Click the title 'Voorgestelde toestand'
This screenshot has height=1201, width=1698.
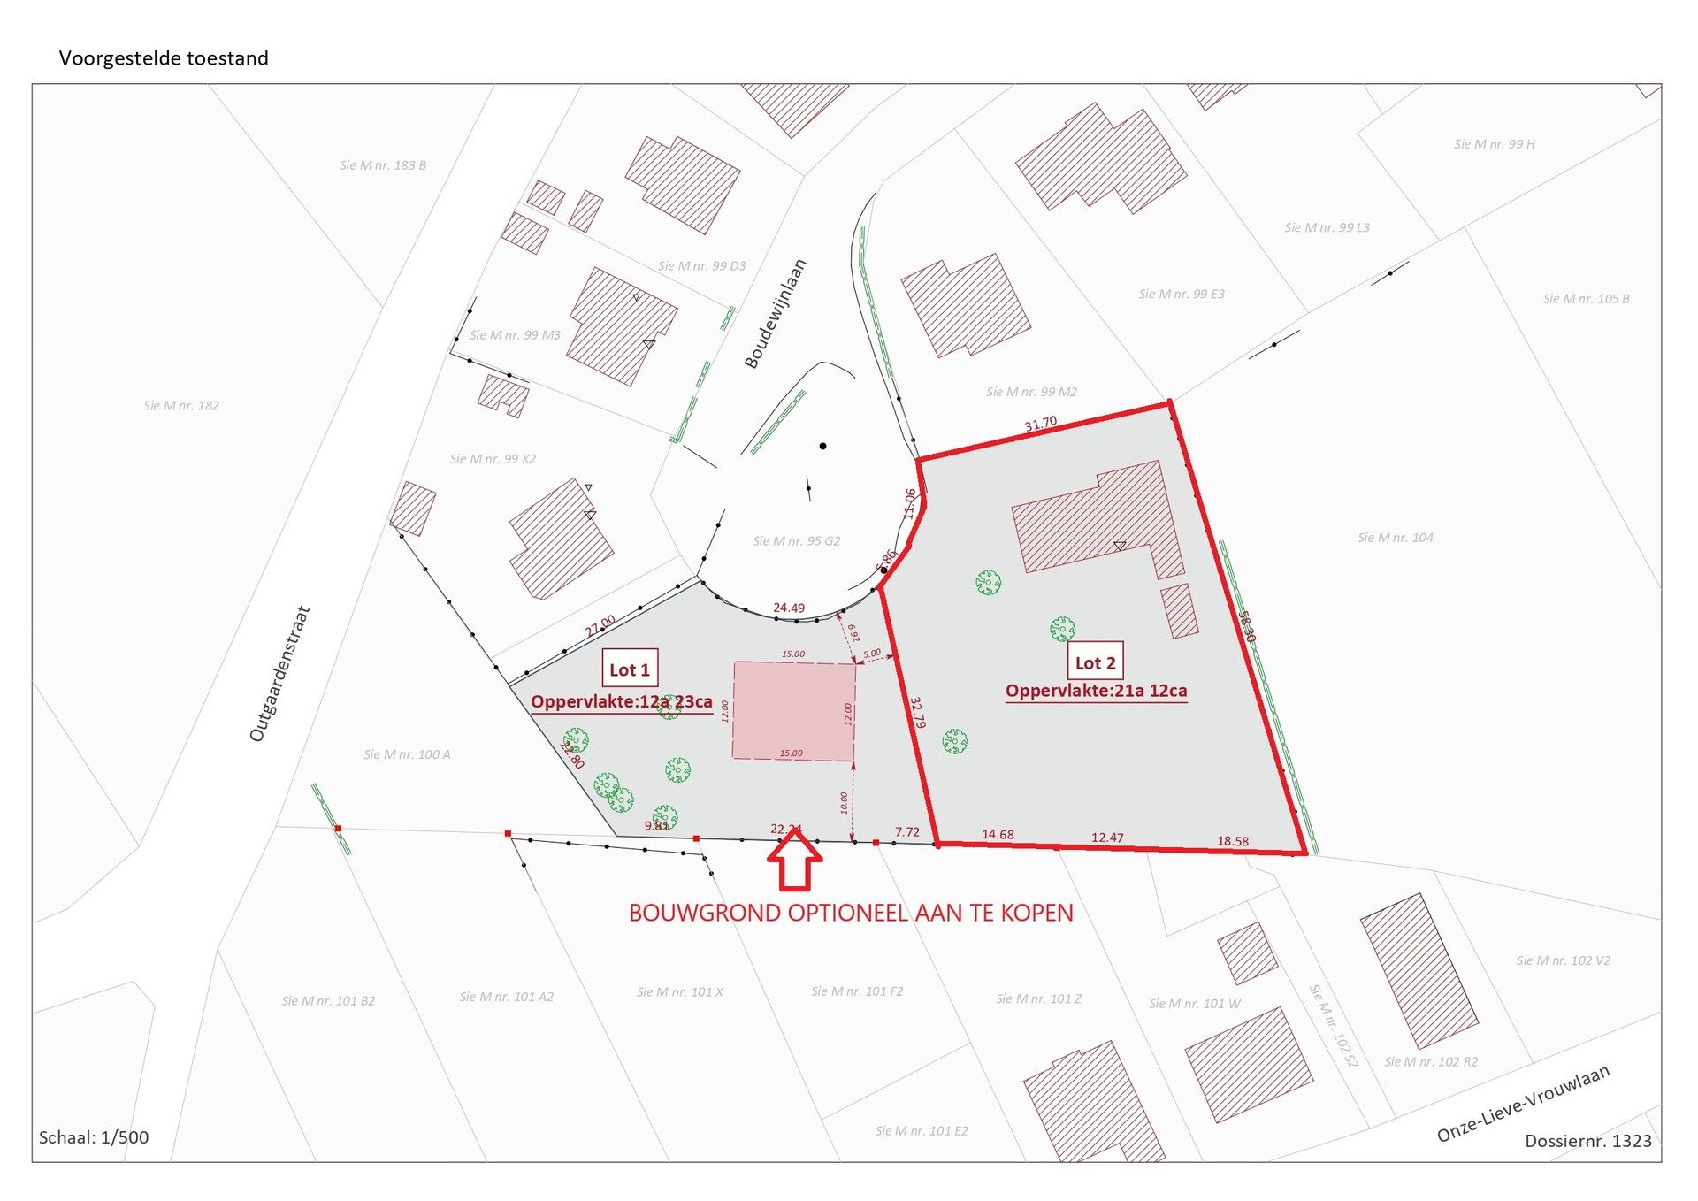pos(164,58)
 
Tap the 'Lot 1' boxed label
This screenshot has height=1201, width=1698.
pos(630,670)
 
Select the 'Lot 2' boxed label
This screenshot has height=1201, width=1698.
pos(1095,663)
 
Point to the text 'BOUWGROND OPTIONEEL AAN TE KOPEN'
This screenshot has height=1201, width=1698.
pos(851,913)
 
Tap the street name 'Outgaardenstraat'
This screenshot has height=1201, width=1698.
pos(280,674)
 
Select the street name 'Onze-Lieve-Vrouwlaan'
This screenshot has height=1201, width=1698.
pos(1523,1104)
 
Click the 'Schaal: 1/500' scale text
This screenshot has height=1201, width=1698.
pos(94,1137)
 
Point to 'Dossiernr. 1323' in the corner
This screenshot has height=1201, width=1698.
pos(1587,1141)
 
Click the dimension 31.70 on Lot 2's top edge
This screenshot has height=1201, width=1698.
pos(1041,425)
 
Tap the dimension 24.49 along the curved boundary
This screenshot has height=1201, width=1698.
pos(789,608)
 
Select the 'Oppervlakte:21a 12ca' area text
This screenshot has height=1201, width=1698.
pos(1096,691)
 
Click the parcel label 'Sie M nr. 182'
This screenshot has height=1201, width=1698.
pos(181,406)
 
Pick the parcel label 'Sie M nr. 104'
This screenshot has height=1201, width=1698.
pos(1396,538)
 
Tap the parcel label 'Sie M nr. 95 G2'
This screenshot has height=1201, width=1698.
pos(796,541)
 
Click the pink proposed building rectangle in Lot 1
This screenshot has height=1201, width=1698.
pos(793,711)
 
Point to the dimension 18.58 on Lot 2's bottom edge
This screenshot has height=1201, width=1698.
pos(1233,841)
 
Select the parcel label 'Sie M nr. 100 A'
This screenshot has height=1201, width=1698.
pos(407,754)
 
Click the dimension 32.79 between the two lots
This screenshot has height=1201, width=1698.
pos(918,713)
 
